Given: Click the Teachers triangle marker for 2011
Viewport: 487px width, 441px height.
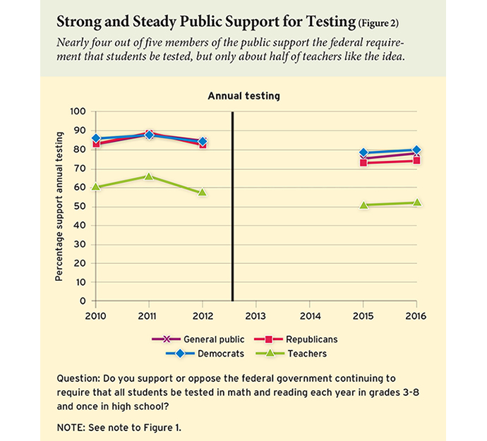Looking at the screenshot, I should tap(149, 176).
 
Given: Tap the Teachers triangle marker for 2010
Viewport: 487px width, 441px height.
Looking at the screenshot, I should tap(96, 186).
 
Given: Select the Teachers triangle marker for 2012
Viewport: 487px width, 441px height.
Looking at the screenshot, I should tap(203, 192).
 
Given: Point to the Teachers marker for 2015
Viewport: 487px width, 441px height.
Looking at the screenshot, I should tap(363, 205).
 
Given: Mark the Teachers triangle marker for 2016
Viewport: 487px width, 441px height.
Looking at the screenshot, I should tap(416, 202).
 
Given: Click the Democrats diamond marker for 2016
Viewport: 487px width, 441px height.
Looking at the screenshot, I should tap(416, 150).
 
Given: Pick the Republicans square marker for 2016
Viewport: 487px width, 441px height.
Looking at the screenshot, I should tap(416, 160).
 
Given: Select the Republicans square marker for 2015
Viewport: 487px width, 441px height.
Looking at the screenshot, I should tap(363, 162).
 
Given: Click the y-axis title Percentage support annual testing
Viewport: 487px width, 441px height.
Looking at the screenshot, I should tap(61, 206).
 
